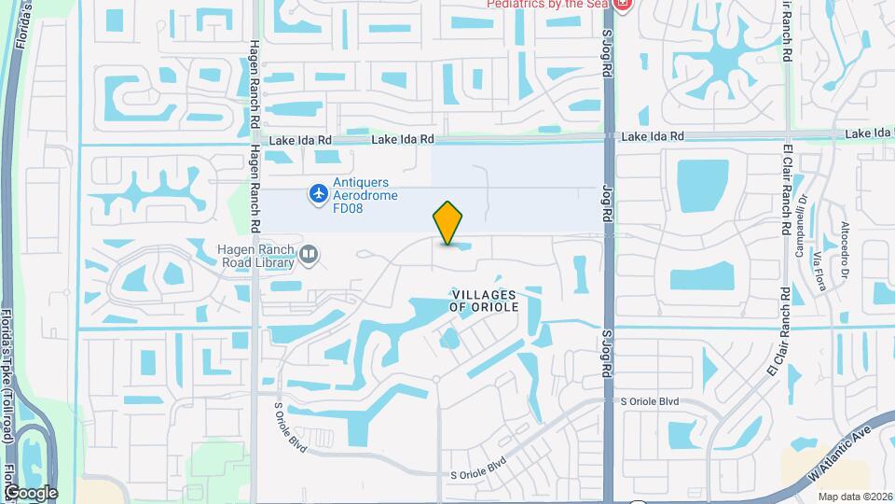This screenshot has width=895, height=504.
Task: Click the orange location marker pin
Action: [447, 223]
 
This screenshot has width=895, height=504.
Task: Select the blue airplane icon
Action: [319, 193]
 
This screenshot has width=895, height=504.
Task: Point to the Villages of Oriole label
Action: [482, 301]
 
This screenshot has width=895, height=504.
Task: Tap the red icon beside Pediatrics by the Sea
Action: [623, 5]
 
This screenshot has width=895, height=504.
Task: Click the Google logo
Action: [31, 492]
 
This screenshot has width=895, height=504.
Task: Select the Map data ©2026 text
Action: [855, 497]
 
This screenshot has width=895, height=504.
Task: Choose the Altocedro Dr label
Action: [845, 242]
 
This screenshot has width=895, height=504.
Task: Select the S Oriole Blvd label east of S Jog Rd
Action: [651, 401]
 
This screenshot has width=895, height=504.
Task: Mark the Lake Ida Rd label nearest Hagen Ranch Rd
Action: [300, 141]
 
